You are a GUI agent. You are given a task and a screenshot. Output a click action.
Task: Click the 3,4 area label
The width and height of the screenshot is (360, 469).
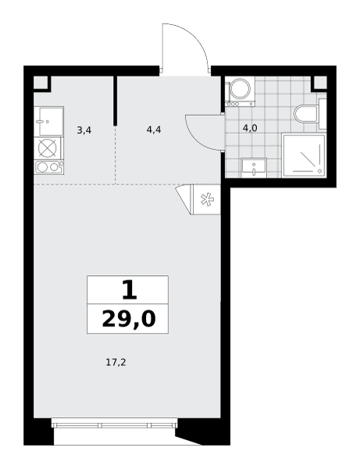pos(84,131)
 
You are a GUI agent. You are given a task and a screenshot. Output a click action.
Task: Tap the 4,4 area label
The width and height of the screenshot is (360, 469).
pos(154,130)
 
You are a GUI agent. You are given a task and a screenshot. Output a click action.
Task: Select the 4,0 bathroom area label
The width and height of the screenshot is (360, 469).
pos(250,128)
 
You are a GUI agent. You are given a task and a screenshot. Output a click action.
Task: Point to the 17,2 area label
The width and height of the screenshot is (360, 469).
pos(116,363)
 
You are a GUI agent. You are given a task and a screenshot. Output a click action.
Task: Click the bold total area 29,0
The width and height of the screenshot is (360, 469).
pos(129,319)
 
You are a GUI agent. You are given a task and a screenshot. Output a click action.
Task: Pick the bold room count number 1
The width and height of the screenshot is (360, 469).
pos(130,291)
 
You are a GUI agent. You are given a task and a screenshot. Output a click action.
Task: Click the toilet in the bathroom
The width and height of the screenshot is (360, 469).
pos(306,113)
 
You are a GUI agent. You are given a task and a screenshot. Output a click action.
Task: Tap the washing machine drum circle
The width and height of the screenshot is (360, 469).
pos(241,88)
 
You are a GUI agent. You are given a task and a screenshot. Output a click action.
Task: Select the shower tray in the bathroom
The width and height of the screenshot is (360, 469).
pos(304,156)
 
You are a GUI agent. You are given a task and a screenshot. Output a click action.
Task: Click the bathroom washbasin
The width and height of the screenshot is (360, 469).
pos(254,168)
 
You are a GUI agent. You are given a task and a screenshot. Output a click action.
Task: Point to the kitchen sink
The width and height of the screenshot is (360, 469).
pos(49,122)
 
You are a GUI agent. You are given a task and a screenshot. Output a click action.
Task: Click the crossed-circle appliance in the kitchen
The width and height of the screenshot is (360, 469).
pos(48,149)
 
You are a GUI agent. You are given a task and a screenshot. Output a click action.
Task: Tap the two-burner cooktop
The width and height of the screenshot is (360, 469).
pos(49,167)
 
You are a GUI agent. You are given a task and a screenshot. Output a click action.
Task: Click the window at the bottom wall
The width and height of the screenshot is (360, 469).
pos(115,424)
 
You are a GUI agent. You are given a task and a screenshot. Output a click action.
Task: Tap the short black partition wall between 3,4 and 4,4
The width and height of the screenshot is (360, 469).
pos(115,101)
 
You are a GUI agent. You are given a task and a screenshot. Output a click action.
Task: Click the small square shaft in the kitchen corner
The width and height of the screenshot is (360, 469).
pos(41,82)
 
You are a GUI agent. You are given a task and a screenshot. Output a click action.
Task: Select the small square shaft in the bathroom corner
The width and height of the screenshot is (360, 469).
pos(320,82)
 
